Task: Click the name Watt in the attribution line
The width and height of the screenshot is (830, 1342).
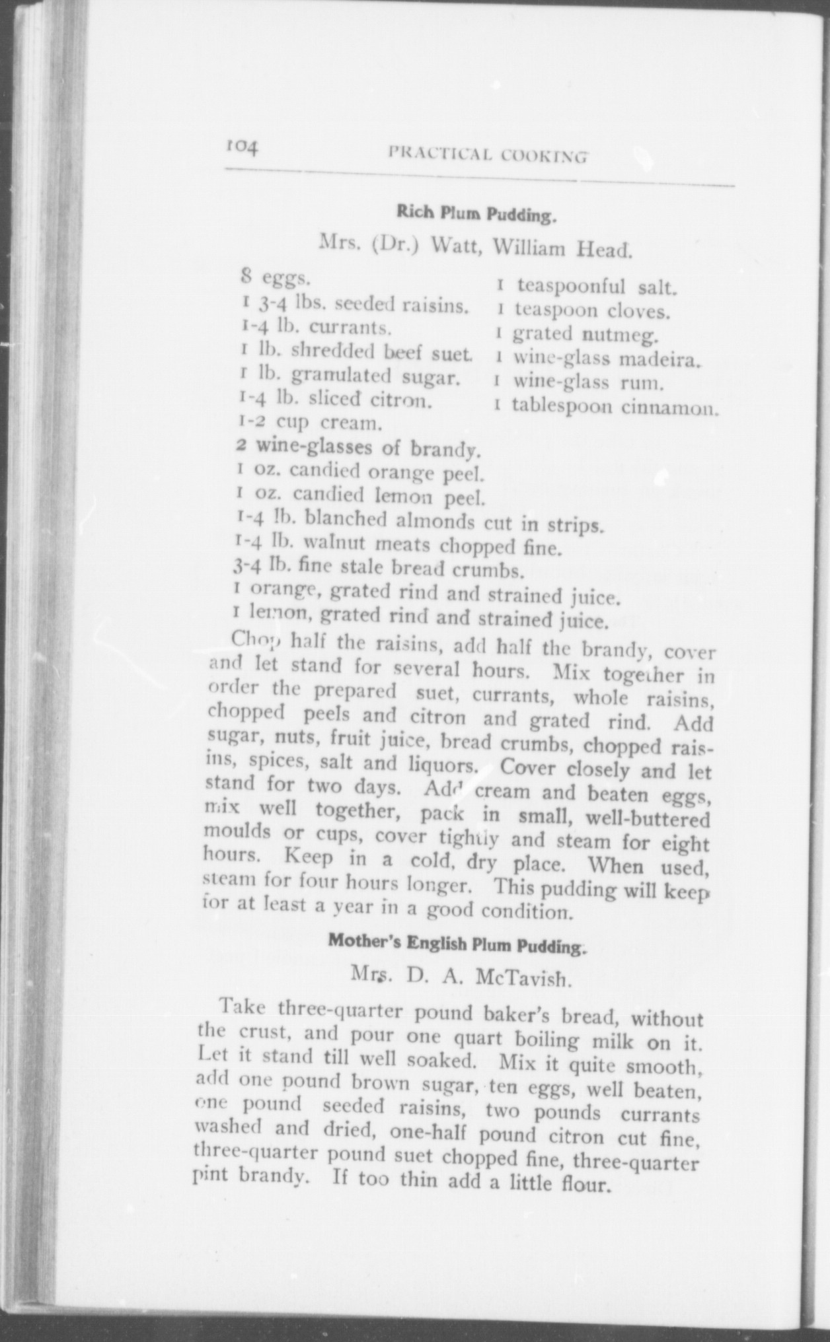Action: pyautogui.click(x=450, y=248)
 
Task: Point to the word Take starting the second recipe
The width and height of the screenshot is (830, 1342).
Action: pyautogui.click(x=243, y=1007)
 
